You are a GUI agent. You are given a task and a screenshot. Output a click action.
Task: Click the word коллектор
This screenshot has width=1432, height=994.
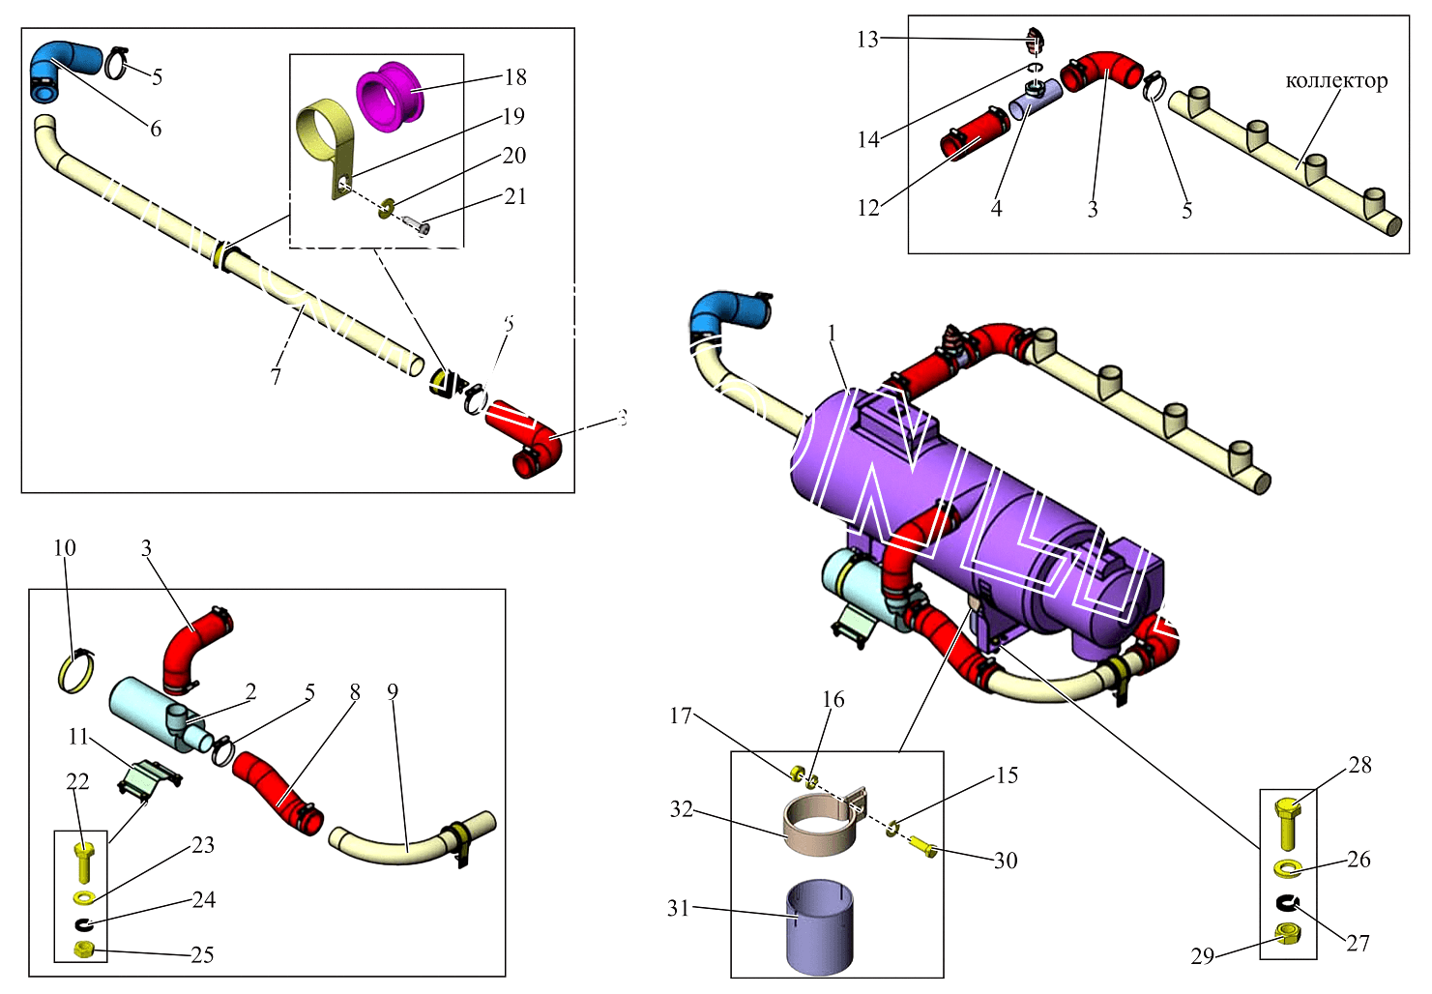[1336, 81]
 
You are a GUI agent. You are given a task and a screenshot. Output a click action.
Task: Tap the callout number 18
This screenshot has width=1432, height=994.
[515, 77]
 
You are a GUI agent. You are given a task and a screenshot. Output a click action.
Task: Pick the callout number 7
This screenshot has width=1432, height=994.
[277, 375]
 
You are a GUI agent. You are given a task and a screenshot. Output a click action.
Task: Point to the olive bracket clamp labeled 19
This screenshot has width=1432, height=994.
[324, 140]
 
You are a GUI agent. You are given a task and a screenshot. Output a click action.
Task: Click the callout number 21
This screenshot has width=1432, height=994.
[515, 196]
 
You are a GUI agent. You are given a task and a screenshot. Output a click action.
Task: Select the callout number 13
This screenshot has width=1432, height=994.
[867, 40]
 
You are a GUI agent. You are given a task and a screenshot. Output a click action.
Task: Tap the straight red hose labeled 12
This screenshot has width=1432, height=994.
[974, 133]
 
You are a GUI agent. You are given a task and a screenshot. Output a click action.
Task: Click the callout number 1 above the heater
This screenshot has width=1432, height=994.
[832, 334]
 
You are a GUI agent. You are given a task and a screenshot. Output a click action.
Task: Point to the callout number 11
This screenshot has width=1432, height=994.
[77, 737]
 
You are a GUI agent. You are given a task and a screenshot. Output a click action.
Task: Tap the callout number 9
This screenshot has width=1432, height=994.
[392, 691]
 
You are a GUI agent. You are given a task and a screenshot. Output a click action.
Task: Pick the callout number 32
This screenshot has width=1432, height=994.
[682, 809]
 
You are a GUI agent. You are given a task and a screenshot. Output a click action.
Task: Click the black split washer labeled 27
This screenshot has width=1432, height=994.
[1287, 903]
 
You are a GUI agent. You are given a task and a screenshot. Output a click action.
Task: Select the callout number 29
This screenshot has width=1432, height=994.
[1202, 956]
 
